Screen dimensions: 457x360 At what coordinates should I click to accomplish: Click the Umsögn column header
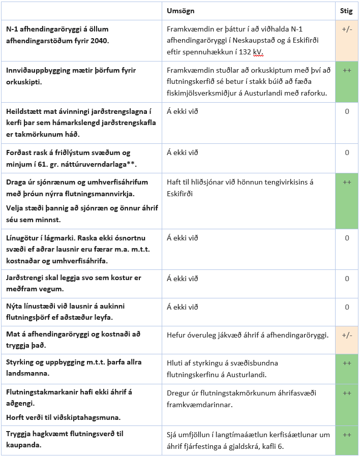(181, 11)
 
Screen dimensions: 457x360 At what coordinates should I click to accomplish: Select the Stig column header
(347, 11)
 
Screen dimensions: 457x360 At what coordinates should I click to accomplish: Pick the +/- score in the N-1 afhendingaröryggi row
(347, 29)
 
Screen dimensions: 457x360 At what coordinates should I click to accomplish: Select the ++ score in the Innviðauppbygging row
(347, 71)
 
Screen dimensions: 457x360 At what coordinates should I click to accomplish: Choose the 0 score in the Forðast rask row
(347, 153)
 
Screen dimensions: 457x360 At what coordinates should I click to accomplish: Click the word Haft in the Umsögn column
(174, 181)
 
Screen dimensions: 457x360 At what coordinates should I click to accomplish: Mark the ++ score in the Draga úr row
(347, 182)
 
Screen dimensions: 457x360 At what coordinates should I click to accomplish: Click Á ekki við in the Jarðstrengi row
(182, 279)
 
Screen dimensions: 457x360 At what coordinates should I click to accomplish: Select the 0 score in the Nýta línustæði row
(347, 307)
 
